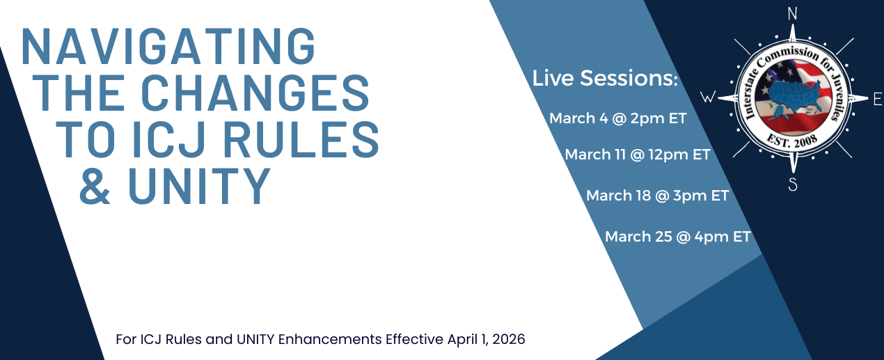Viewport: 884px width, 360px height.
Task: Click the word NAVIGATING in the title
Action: pos(169,47)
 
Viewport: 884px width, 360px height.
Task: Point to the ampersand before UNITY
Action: pos(95,185)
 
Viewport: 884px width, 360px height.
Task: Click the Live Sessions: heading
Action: pos(605,79)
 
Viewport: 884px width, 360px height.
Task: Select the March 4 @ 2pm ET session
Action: pos(618,118)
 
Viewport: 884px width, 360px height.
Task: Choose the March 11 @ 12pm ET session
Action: pos(638,155)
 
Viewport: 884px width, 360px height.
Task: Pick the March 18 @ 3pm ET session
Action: pos(657,196)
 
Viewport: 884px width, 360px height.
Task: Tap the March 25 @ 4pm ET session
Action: pos(678,237)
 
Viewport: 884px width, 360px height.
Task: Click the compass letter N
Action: pos(791,13)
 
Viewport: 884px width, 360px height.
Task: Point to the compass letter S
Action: pos(792,184)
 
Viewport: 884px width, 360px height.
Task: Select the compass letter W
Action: pos(707,98)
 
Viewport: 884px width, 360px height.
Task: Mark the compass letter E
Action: pos(877,100)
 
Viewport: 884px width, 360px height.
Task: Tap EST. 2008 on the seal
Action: pos(792,141)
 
